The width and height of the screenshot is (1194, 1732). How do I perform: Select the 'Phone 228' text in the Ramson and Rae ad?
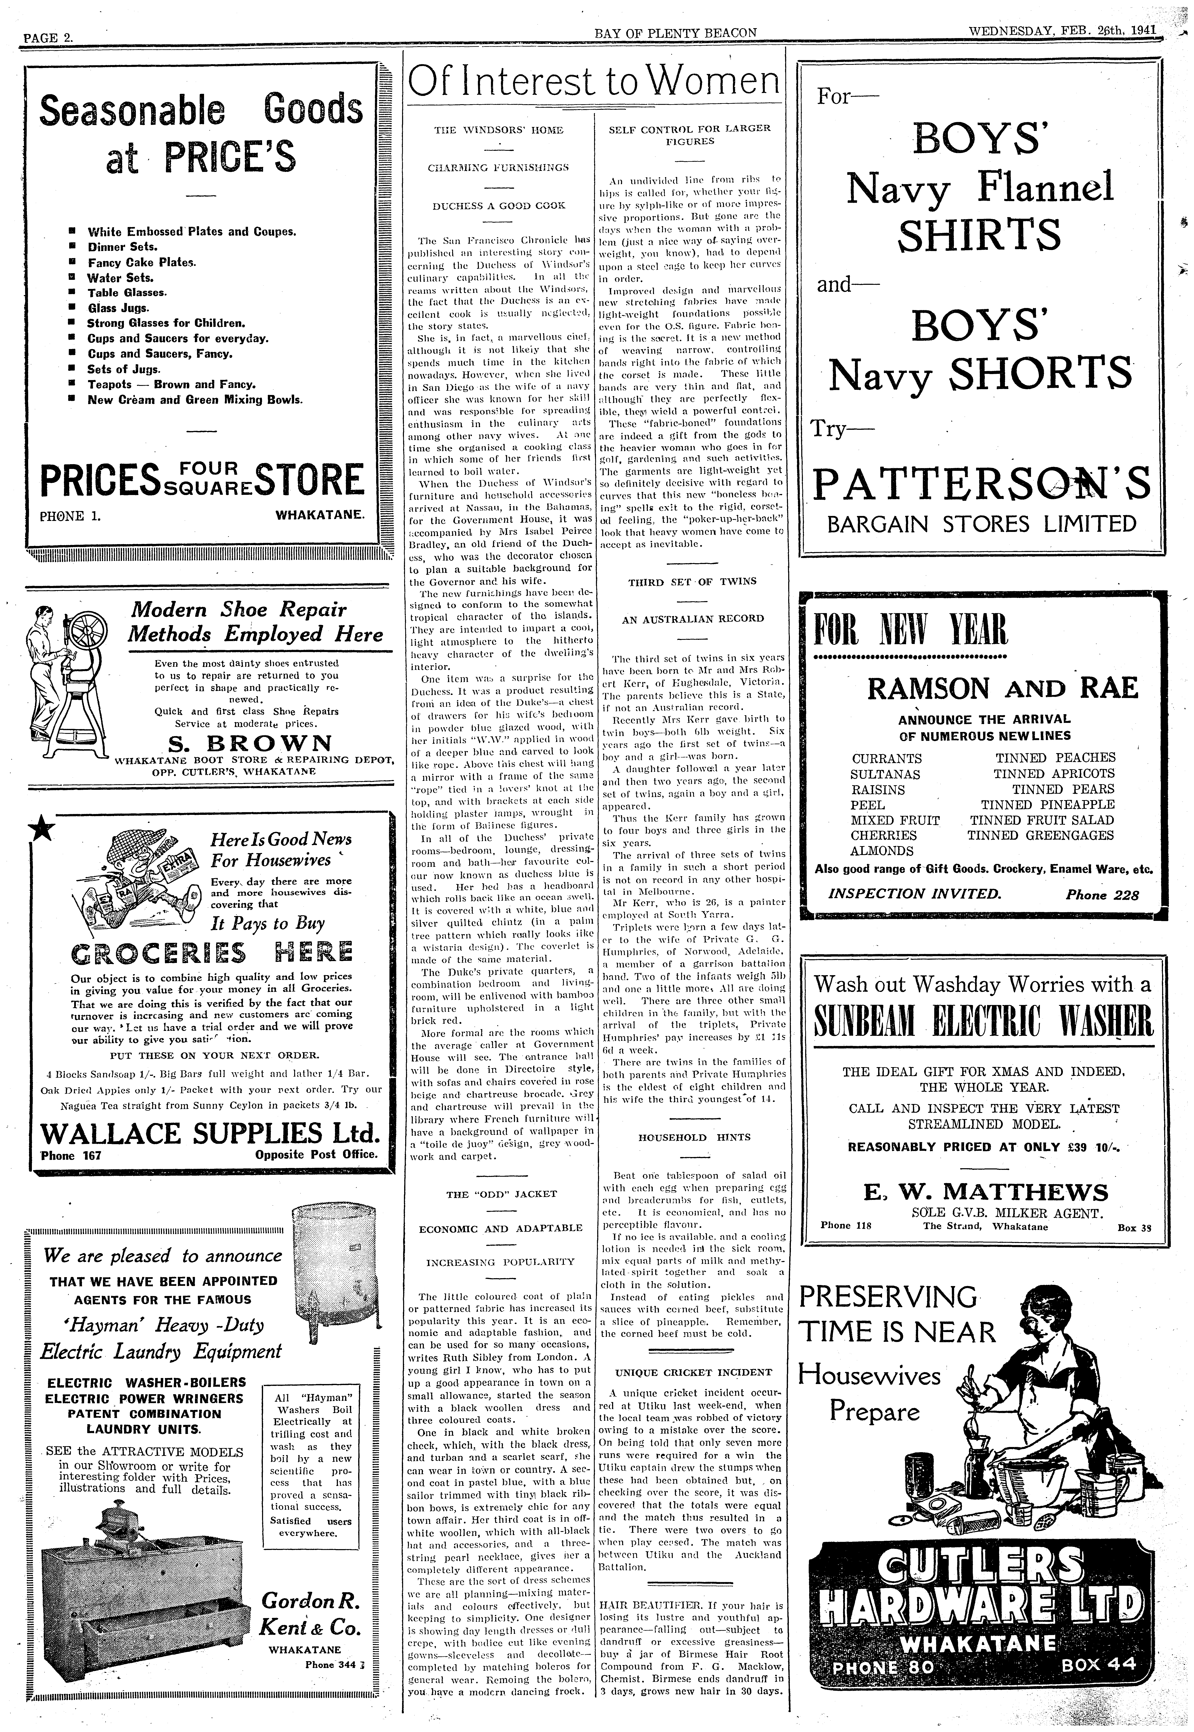[1102, 894]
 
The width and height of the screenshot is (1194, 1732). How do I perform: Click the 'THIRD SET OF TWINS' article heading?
[691, 581]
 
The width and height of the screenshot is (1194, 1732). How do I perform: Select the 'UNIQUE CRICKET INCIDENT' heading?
[693, 1372]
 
